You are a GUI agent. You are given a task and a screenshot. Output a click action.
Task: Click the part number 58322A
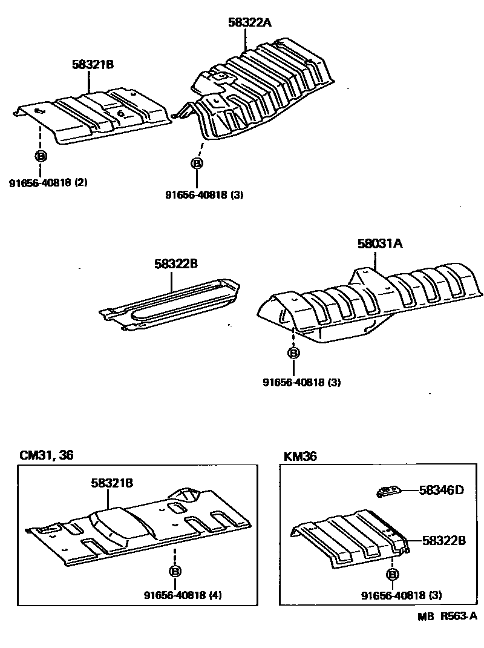(x=250, y=23)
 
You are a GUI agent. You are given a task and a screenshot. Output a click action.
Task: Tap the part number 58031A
(x=379, y=244)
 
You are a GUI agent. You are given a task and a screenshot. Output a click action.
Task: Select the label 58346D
(x=441, y=490)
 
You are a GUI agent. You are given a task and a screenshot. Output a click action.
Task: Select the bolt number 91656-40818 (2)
(x=48, y=182)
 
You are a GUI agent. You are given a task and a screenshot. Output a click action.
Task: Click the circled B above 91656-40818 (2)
(x=41, y=156)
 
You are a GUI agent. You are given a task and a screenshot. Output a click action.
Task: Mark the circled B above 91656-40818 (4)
(x=174, y=570)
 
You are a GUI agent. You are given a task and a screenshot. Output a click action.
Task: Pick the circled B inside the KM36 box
(x=392, y=574)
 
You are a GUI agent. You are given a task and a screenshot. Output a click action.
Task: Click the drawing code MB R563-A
(x=446, y=617)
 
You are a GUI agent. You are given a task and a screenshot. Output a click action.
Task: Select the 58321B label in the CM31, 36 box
(x=112, y=483)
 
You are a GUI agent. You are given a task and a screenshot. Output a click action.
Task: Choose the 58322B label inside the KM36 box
(x=443, y=540)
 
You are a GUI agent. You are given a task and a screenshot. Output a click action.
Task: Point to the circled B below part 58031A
(x=293, y=353)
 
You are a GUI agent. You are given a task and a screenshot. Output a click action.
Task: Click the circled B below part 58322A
(x=196, y=164)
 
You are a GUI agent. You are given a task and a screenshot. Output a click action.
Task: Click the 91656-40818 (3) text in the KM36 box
(x=401, y=595)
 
